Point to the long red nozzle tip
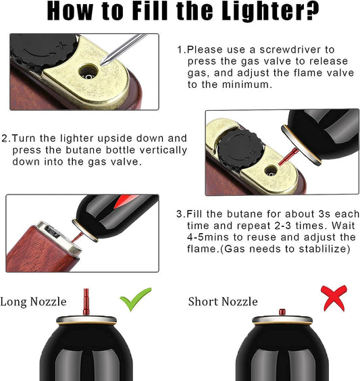tap(86, 298)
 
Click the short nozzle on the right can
tap(282, 311)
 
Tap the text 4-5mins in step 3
tap(201, 237)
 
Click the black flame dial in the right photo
tap(249, 147)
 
